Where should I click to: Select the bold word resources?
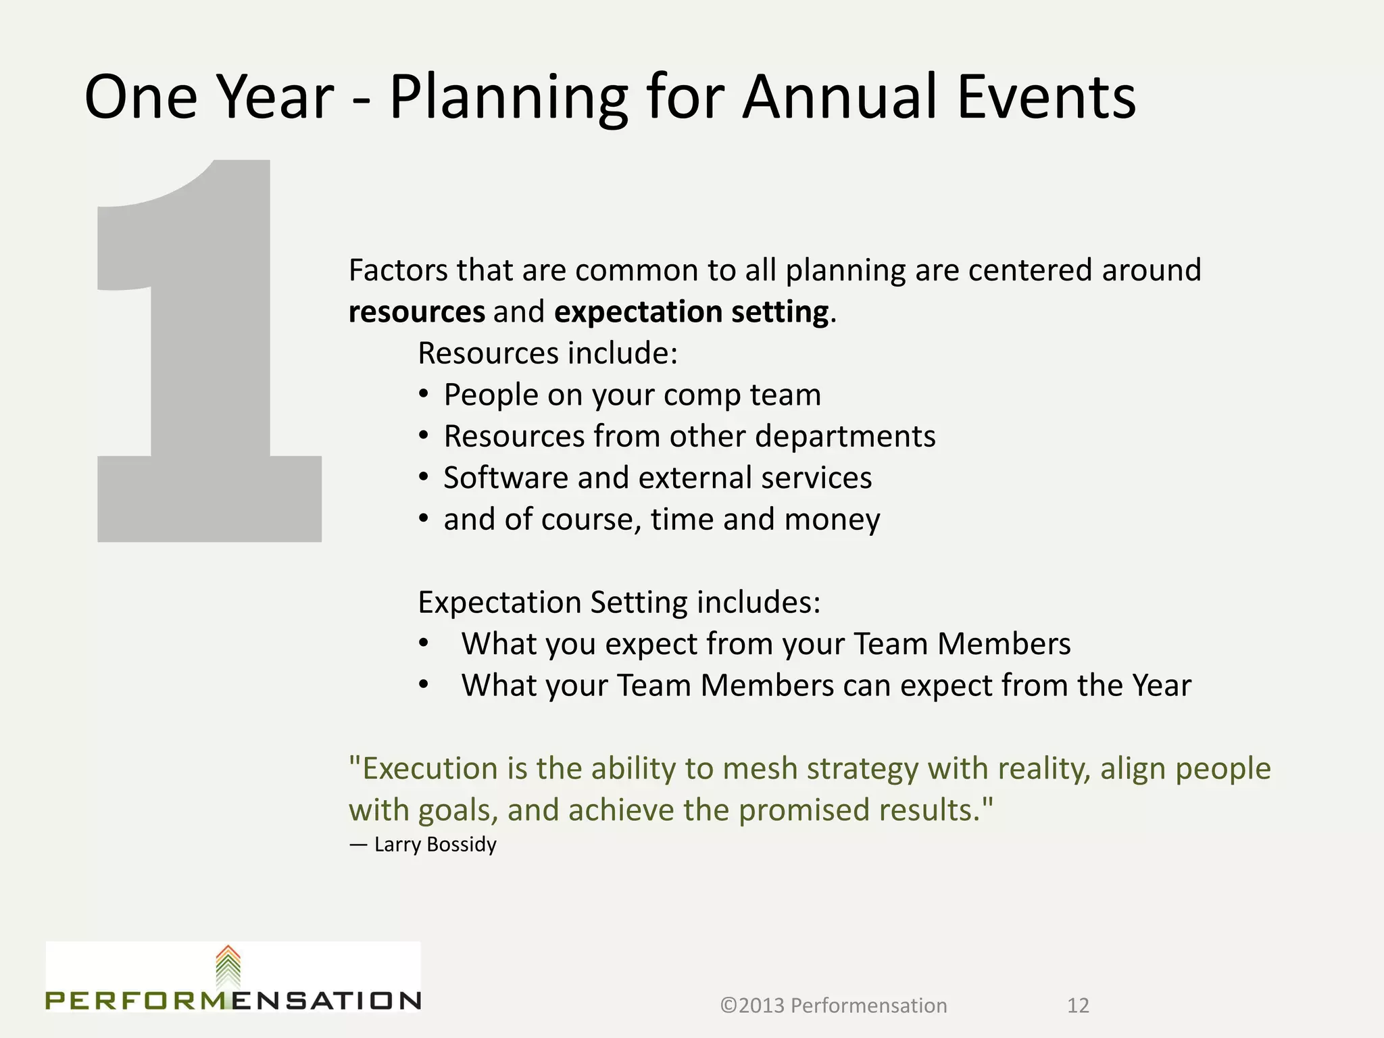(x=416, y=312)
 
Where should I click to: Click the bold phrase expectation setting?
(x=691, y=312)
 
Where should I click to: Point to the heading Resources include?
(x=547, y=353)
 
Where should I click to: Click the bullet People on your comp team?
(x=632, y=395)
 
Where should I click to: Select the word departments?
(x=845, y=437)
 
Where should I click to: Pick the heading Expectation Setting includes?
(x=619, y=602)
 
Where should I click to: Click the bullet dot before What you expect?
(x=424, y=643)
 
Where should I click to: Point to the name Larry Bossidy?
(x=435, y=845)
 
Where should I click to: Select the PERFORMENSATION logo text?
(x=233, y=1001)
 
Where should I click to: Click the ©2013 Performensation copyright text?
(x=833, y=1006)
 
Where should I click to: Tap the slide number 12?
(x=1078, y=1006)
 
